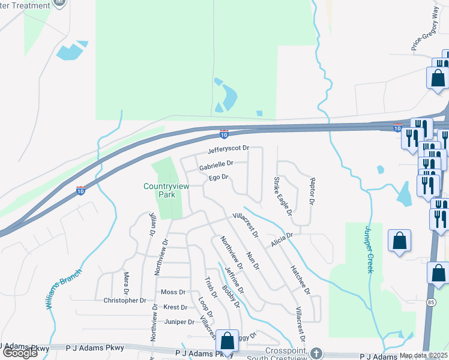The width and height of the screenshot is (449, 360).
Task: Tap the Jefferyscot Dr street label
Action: [x=228, y=149]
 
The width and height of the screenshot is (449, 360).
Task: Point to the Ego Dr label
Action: [x=218, y=177]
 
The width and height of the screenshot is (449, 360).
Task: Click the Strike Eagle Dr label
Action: [x=282, y=196]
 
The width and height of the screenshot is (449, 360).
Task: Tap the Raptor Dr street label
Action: [x=312, y=191]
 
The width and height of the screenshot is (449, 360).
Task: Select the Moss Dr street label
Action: [x=173, y=292]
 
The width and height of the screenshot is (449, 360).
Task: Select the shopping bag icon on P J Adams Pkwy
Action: [x=228, y=340]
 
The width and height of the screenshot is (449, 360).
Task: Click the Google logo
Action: [x=20, y=353]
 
